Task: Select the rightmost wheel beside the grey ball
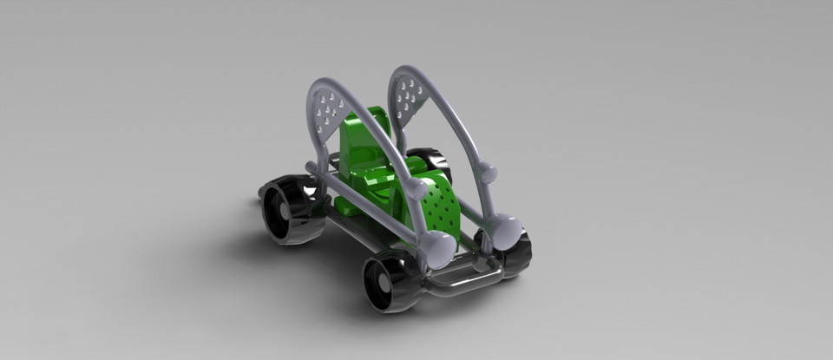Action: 517,252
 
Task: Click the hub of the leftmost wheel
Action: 282,211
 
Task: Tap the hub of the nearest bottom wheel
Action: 383,284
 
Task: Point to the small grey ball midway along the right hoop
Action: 488,173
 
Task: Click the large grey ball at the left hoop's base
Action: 438,249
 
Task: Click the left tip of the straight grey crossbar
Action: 311,167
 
